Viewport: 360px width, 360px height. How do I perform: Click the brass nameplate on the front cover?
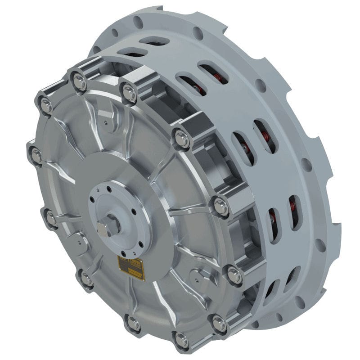point(131,269)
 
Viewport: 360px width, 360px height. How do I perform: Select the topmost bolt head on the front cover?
point(80,81)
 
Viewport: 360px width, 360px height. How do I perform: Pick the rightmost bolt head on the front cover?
point(234,274)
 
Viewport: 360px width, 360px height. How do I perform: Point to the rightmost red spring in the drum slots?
point(292,207)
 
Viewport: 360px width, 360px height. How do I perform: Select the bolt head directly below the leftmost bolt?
point(51,219)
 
